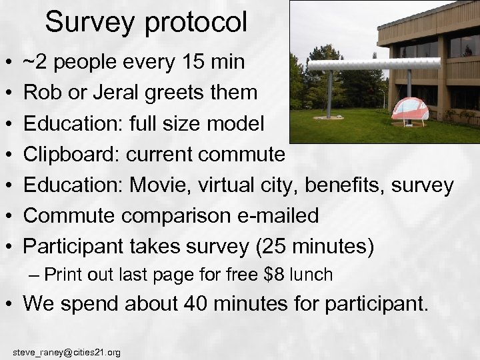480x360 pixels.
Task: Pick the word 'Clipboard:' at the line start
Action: [71, 155]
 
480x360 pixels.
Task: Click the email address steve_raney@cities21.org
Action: [67, 352]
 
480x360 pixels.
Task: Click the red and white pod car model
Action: [409, 109]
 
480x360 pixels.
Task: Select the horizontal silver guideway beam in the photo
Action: [373, 64]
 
